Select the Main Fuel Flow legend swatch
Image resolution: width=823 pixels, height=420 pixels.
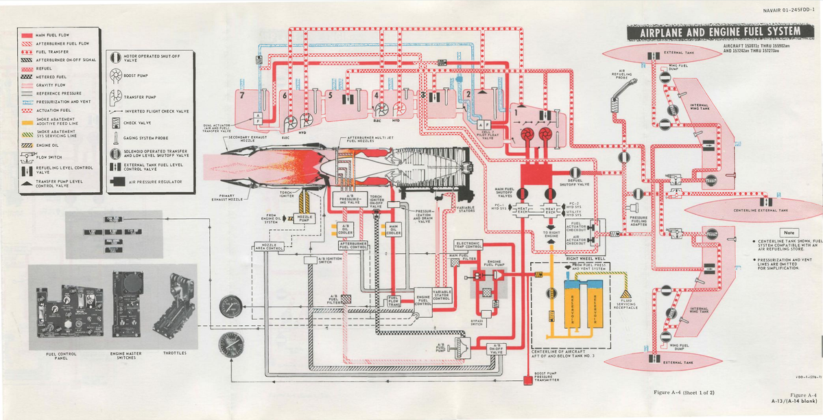(27, 34)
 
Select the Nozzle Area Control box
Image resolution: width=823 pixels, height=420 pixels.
(269, 246)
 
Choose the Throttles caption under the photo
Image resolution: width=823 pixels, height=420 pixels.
(175, 353)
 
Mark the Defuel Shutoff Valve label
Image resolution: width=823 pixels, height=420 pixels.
(574, 183)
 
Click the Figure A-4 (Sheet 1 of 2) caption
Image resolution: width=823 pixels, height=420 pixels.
(686, 391)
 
